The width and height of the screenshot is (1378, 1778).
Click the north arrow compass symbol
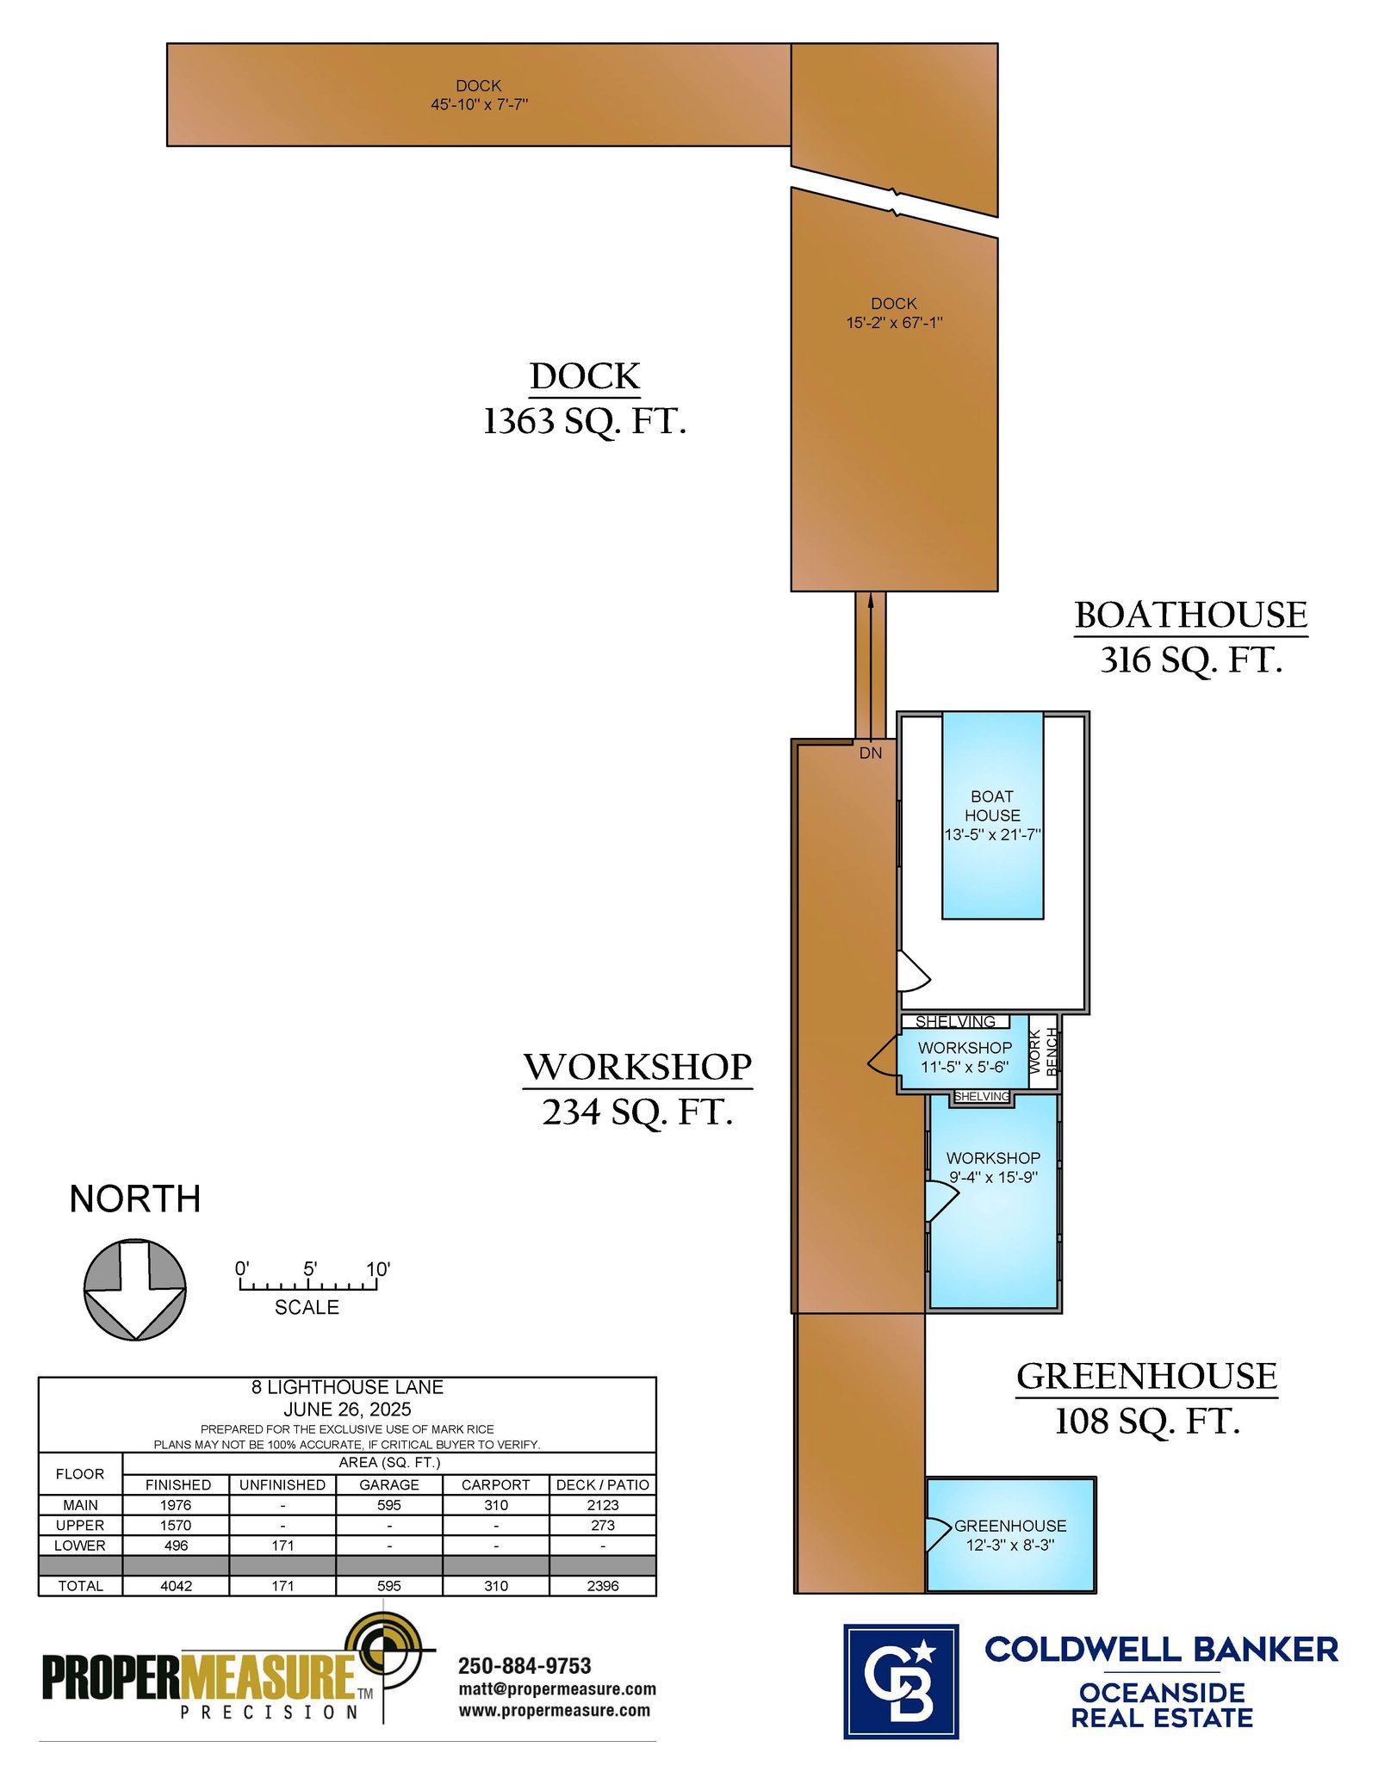click(134, 1289)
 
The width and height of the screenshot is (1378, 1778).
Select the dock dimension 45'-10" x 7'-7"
click(479, 104)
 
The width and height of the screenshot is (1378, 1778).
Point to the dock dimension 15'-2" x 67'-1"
click(894, 323)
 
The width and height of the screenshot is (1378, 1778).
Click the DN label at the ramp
click(871, 753)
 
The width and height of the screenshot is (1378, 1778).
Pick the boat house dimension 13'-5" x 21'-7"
click(992, 834)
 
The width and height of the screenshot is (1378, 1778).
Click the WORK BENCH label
click(1043, 1052)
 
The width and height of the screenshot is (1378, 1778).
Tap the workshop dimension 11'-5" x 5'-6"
click(965, 1067)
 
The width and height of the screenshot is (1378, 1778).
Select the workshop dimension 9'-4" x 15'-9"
click(993, 1177)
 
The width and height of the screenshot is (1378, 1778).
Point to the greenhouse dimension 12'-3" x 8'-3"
click(1010, 1545)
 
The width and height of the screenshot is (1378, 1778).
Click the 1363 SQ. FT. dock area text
click(584, 421)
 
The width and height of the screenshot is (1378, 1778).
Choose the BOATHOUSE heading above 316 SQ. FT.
click(1191, 615)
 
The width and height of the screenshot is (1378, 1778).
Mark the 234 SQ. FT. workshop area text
click(637, 1112)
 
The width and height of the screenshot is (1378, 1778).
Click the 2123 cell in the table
click(603, 1505)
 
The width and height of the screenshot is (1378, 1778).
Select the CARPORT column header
click(496, 1485)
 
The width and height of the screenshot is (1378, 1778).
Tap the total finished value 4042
click(177, 1586)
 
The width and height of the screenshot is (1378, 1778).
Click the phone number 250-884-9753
click(525, 1666)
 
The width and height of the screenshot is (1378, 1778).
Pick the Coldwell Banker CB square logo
click(901, 1682)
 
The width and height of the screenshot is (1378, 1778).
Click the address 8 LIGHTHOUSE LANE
click(347, 1387)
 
